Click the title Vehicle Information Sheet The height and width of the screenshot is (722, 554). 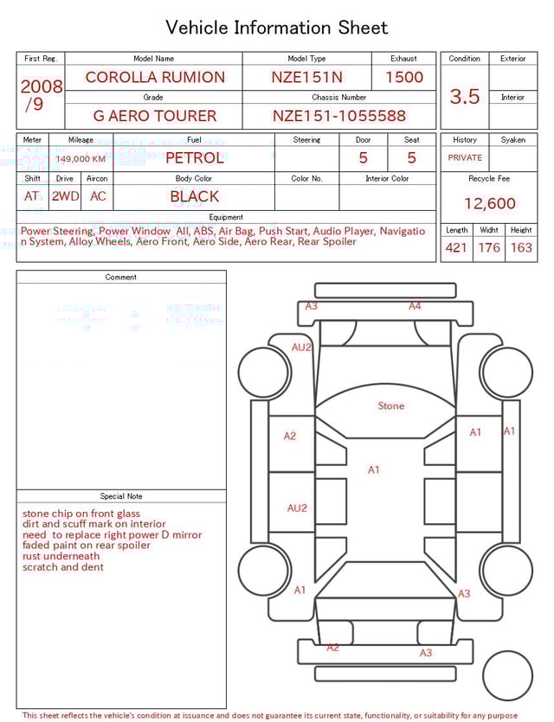point(277,28)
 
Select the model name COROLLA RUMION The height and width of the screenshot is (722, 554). point(155,77)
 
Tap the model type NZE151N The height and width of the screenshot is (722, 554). point(306,77)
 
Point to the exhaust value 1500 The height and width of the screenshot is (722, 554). point(404,77)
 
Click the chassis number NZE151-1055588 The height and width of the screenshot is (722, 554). point(339,116)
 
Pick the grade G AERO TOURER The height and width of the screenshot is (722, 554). point(155,116)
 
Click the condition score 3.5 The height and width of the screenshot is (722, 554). point(465,97)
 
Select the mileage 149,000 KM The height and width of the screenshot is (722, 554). point(81,159)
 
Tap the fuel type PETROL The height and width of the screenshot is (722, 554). point(195,158)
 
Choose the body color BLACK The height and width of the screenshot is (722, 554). point(195,196)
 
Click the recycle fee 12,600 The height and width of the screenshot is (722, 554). point(490,204)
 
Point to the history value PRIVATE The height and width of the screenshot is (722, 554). point(465,158)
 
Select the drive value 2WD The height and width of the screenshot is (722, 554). point(65,196)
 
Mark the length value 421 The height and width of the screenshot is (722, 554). point(456,248)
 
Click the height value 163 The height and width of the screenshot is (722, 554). point(521,248)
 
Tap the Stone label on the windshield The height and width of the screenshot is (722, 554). point(391,406)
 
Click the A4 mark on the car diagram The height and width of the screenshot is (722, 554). point(415,306)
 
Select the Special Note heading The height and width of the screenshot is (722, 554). point(121,496)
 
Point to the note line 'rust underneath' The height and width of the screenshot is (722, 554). point(61,557)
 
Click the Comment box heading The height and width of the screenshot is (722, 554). point(121,278)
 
